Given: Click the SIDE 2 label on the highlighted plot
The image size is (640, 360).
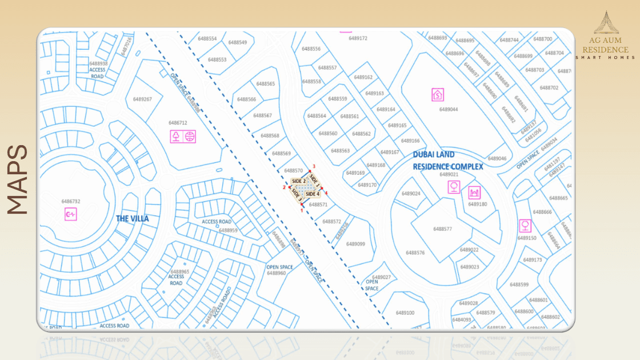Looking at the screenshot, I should [298, 181].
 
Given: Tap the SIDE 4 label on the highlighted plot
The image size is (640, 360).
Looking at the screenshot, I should [313, 194].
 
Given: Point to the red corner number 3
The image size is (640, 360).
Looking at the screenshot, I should [314, 167].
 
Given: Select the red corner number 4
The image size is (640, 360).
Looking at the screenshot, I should [326, 193].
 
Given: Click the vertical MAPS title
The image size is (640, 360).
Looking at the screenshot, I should [18, 179].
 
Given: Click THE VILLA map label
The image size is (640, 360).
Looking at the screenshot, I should [132, 218].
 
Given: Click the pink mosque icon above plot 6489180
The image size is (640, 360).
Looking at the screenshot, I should [474, 192].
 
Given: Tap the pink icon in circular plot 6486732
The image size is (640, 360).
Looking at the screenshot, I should [71, 214].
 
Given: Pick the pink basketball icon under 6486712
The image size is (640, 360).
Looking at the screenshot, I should [190, 136].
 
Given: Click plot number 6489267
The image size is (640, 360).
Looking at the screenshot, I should [142, 99].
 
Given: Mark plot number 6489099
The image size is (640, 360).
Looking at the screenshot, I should [355, 244].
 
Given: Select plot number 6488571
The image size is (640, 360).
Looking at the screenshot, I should [318, 205].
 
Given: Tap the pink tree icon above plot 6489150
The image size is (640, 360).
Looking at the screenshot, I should [525, 224].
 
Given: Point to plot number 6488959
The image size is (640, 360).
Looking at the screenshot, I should [228, 230].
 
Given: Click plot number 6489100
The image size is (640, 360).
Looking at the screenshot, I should [405, 313].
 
